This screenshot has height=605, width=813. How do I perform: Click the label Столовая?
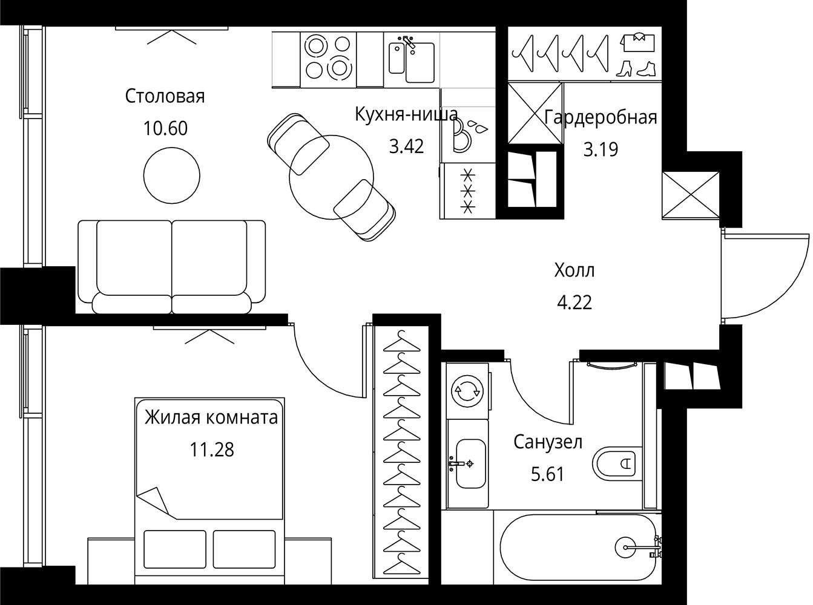pos(165,96)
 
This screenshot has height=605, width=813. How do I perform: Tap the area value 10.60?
pos(165,128)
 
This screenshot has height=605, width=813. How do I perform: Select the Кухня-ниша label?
pos(406,115)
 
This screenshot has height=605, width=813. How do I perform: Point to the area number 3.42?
pos(406,146)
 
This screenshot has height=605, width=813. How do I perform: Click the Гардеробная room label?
pos(601,117)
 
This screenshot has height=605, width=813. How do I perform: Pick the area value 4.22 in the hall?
pos(574,302)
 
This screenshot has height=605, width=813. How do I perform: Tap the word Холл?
pos(574,271)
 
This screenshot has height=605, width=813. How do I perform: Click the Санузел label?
pos(548,442)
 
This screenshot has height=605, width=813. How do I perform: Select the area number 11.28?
pos(212,450)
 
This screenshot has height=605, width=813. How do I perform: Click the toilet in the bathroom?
pos(617,463)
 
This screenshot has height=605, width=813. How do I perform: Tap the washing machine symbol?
pos(467,391)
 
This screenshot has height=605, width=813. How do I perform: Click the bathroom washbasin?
pos(470,463)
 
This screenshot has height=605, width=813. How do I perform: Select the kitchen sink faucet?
pos(408,42)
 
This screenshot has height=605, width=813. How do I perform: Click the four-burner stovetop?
pos(328,60)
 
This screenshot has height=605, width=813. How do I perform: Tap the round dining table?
pos(331,177)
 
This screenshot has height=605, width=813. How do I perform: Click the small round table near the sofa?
pos(171,175)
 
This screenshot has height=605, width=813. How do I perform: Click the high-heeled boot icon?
pos(624,68)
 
